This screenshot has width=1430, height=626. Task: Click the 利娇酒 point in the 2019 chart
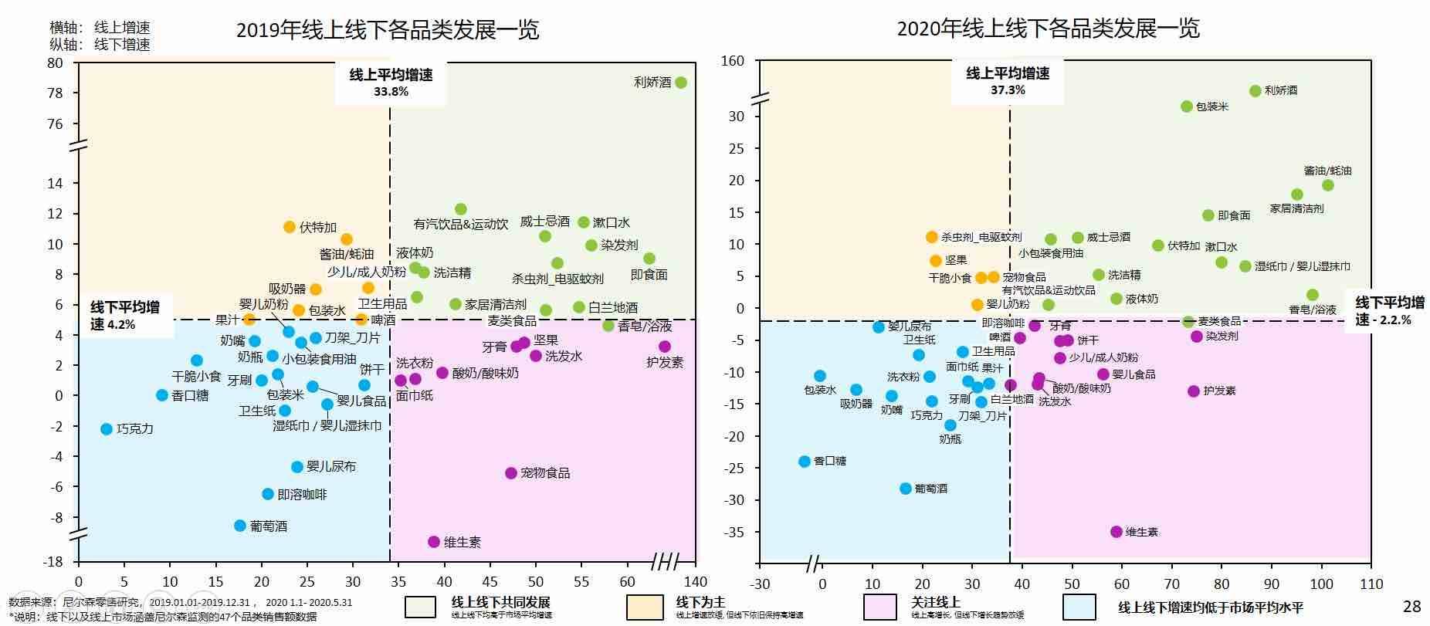[680, 83]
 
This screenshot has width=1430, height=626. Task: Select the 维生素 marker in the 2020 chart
[1116, 532]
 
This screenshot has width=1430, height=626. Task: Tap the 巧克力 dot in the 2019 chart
[107, 429]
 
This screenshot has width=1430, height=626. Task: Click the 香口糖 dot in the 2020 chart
[804, 461]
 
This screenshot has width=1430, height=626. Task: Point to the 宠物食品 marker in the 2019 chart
[510, 473]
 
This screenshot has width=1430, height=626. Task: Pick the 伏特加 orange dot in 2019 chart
[290, 227]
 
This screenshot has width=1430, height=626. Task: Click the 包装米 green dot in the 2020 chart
[1186, 107]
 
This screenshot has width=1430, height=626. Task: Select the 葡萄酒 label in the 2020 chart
[930, 489]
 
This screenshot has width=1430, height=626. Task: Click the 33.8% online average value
[391, 91]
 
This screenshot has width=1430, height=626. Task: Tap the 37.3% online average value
[1008, 90]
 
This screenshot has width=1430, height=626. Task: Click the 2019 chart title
[388, 30]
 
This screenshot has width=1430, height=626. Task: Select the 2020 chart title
[1048, 29]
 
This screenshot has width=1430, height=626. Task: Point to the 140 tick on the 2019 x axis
[695, 582]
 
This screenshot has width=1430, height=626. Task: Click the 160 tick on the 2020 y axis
[733, 61]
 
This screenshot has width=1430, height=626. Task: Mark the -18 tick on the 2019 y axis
[54, 562]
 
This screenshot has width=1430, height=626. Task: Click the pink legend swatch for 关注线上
[880, 607]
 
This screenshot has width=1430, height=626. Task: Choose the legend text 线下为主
[700, 601]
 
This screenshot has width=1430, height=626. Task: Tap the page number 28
[1411, 607]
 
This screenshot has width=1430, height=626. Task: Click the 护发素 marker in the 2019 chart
[665, 347]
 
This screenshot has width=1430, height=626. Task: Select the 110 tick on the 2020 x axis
[1371, 584]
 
